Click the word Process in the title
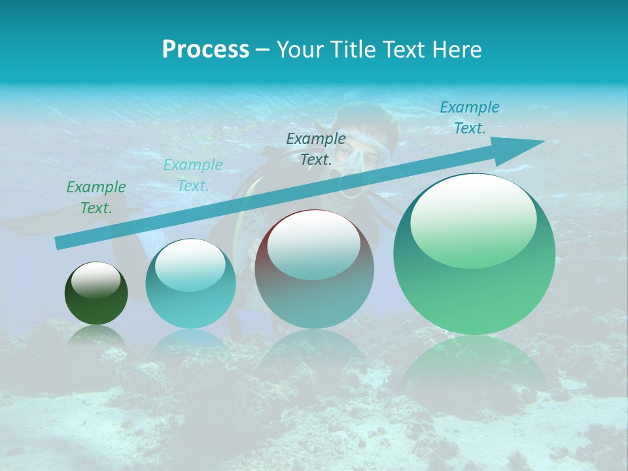pos(205,50)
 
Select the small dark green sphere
pos(96,301)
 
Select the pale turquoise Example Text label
pos(193,175)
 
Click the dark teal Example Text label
pos(316,148)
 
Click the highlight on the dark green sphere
pos(96,280)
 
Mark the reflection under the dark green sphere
pos(96,337)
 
